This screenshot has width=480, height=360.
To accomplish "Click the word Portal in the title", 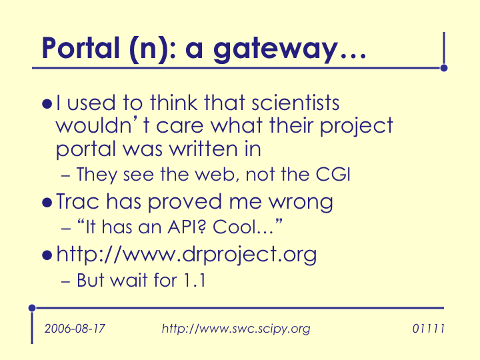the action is pos(80,48).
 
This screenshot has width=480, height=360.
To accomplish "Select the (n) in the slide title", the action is pos(149,49).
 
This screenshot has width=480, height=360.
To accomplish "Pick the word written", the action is pos(203,149).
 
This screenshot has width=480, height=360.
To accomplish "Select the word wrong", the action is pos(301,203).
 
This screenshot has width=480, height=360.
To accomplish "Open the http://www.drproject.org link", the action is pos(187,255).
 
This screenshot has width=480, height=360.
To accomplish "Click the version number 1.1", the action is pos(195,280).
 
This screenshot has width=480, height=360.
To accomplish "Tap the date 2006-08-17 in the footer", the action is pos(75,329).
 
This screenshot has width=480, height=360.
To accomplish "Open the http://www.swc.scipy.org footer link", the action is pos(236,329).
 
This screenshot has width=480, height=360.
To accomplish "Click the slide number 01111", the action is pos(428,329).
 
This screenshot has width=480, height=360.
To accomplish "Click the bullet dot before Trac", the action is pos(47,203).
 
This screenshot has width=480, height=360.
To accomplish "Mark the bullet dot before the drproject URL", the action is pos(47,255).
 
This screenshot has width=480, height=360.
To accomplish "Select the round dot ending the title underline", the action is pos(444,68).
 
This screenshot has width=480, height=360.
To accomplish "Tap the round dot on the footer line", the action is pos(32,308).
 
